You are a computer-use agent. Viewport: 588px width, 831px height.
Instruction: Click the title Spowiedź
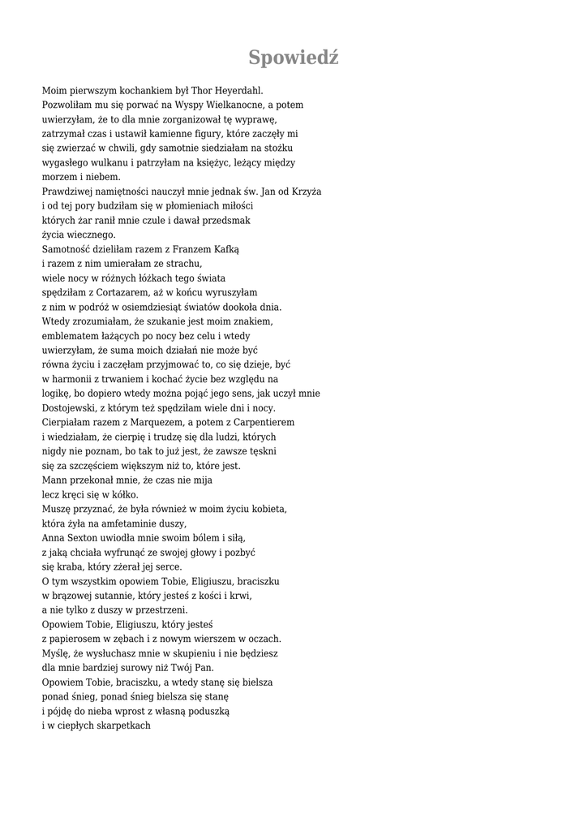[293, 58]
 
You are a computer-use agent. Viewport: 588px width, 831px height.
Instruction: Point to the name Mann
[54, 480]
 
